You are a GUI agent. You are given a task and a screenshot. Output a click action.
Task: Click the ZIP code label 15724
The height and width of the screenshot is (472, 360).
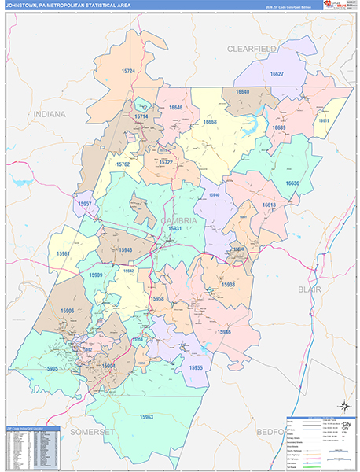point(129,71)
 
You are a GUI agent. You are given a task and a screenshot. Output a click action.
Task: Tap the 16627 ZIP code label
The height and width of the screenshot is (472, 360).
point(277,73)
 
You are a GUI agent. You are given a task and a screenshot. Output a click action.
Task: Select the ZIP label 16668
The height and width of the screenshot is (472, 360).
point(210,123)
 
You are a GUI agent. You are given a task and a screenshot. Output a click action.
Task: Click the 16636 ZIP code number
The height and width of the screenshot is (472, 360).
point(292,183)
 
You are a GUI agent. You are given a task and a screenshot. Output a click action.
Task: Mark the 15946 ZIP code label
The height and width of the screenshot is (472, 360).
point(224,333)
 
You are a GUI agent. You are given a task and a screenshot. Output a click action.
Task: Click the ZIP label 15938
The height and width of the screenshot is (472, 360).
point(228,284)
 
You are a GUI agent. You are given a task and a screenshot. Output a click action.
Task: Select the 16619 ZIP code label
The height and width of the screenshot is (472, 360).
point(323,120)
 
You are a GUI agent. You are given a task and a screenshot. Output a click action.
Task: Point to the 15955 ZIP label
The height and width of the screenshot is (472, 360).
point(195,367)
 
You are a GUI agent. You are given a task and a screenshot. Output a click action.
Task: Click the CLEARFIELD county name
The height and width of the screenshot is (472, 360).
point(253,49)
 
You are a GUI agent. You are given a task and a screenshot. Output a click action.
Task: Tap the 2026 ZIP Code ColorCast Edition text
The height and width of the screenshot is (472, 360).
point(286,6)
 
